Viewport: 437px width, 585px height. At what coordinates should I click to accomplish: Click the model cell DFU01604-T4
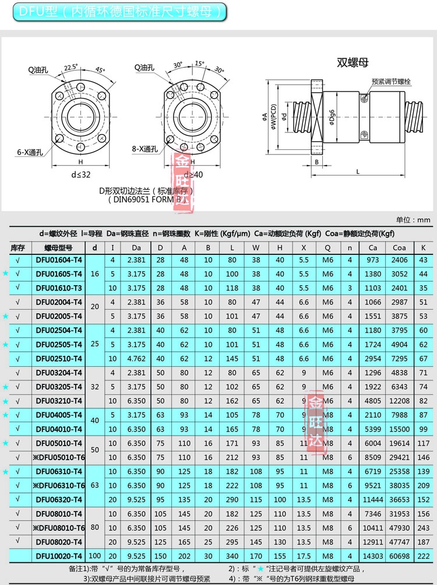(x=59, y=260)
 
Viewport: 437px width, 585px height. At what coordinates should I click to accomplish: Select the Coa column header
(x=399, y=247)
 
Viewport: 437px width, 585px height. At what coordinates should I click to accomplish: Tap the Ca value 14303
(x=373, y=556)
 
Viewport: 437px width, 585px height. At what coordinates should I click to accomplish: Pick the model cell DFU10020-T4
(x=59, y=556)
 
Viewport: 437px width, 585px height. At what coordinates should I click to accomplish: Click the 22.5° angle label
(x=71, y=67)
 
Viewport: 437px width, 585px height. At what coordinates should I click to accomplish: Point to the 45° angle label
(x=100, y=71)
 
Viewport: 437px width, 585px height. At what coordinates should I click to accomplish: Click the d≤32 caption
(x=80, y=174)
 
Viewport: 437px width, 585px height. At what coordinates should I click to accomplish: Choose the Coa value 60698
(x=399, y=556)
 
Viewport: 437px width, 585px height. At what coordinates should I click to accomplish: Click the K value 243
(x=424, y=528)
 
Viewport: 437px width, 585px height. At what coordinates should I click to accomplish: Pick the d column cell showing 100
(x=95, y=556)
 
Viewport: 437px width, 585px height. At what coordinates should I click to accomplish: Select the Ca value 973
(x=373, y=260)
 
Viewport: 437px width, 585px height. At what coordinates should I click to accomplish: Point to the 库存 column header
(x=18, y=247)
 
